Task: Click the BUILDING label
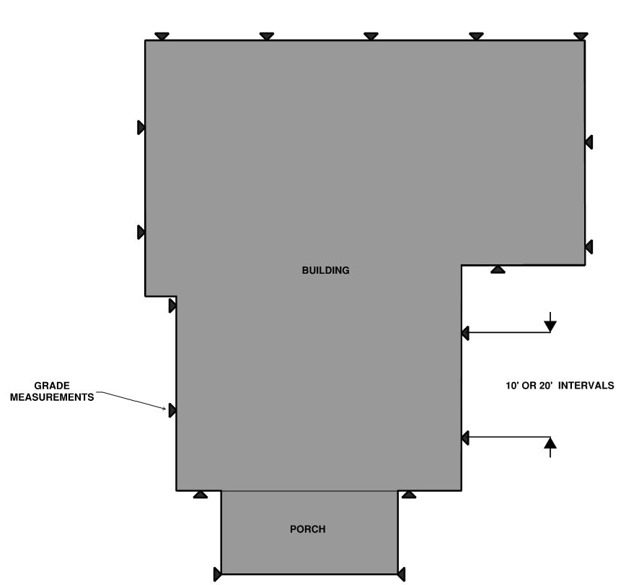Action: click(x=325, y=270)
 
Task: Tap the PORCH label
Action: click(x=307, y=529)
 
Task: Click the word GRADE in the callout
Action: click(x=52, y=386)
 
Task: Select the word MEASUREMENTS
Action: click(x=52, y=397)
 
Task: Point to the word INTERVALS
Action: click(x=586, y=386)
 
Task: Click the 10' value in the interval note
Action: click(x=512, y=386)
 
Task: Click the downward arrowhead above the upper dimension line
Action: click(x=550, y=326)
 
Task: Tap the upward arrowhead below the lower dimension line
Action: click(x=550, y=443)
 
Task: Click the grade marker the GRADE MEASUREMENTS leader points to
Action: click(x=172, y=411)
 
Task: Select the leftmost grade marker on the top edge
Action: click(x=162, y=36)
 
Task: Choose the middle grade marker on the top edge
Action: click(x=371, y=36)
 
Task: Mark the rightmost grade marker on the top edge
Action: click(x=581, y=36)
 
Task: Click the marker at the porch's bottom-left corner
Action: click(x=218, y=574)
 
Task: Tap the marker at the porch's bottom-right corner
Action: click(x=401, y=574)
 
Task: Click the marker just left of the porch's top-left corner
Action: click(x=200, y=495)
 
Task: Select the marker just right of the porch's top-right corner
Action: click(x=409, y=495)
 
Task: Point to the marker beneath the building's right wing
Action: click(x=498, y=269)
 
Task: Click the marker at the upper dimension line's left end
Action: click(x=465, y=333)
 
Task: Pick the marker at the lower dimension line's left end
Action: click(x=465, y=438)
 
